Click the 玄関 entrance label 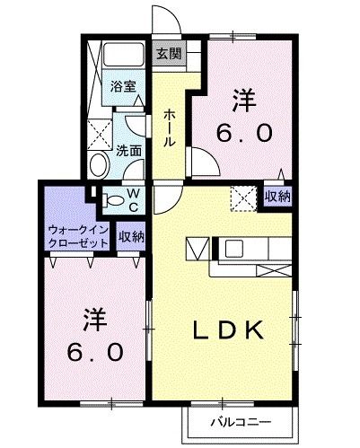[168, 54]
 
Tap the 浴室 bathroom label [123, 86]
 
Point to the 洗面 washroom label [129, 151]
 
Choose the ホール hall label [170, 127]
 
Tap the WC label [131, 199]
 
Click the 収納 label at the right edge [277, 196]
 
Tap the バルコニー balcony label [241, 420]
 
